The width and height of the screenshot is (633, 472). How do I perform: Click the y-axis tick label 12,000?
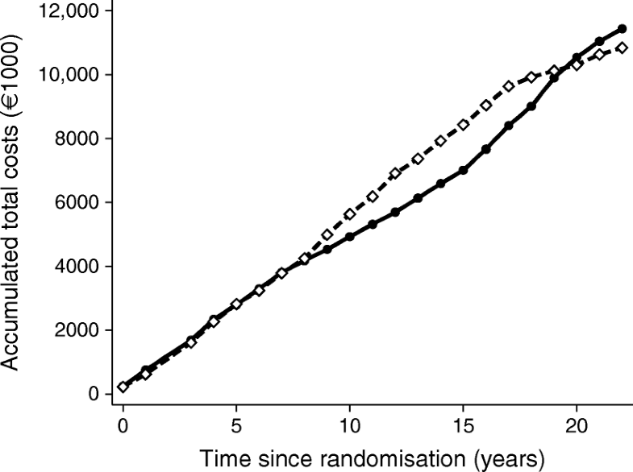[67, 11]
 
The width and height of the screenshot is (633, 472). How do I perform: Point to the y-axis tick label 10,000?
[67, 75]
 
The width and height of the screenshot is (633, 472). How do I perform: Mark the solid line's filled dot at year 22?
[622, 29]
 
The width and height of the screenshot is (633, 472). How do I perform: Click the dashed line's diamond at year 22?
[622, 48]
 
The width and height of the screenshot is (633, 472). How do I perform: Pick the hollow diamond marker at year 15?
[463, 125]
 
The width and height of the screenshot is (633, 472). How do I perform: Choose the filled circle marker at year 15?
[463, 170]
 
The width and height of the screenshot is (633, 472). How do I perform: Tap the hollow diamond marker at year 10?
[349, 214]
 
